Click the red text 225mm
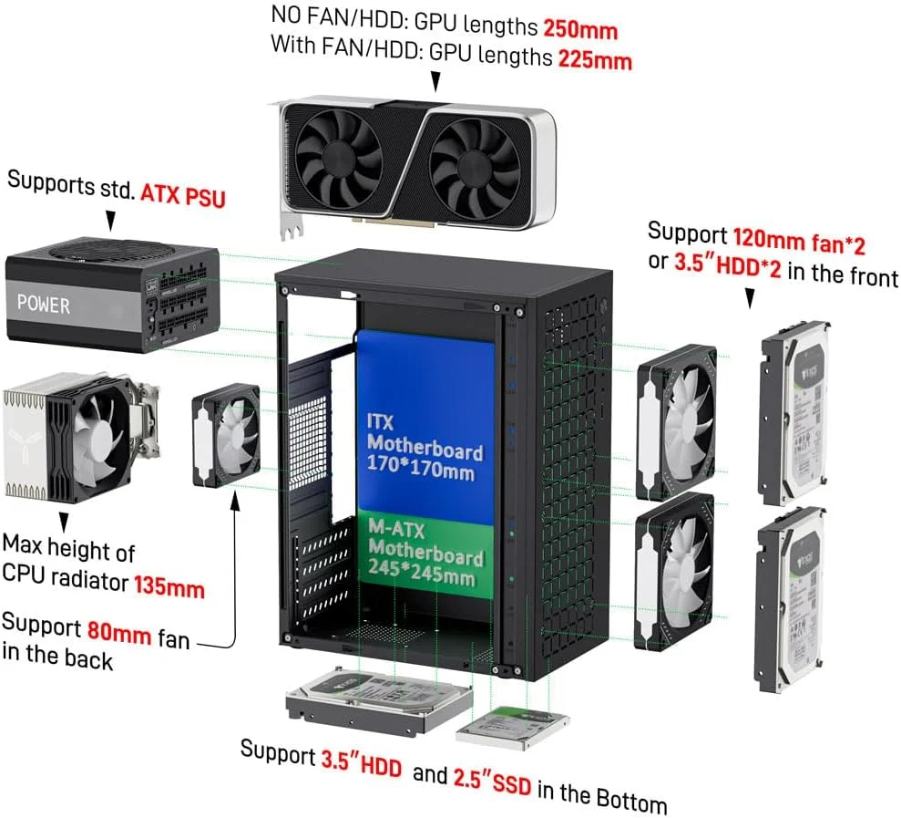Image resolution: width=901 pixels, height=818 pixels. pos(592,59)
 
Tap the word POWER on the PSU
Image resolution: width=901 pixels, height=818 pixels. pos(43,304)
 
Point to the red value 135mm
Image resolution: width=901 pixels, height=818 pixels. pos(169,586)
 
